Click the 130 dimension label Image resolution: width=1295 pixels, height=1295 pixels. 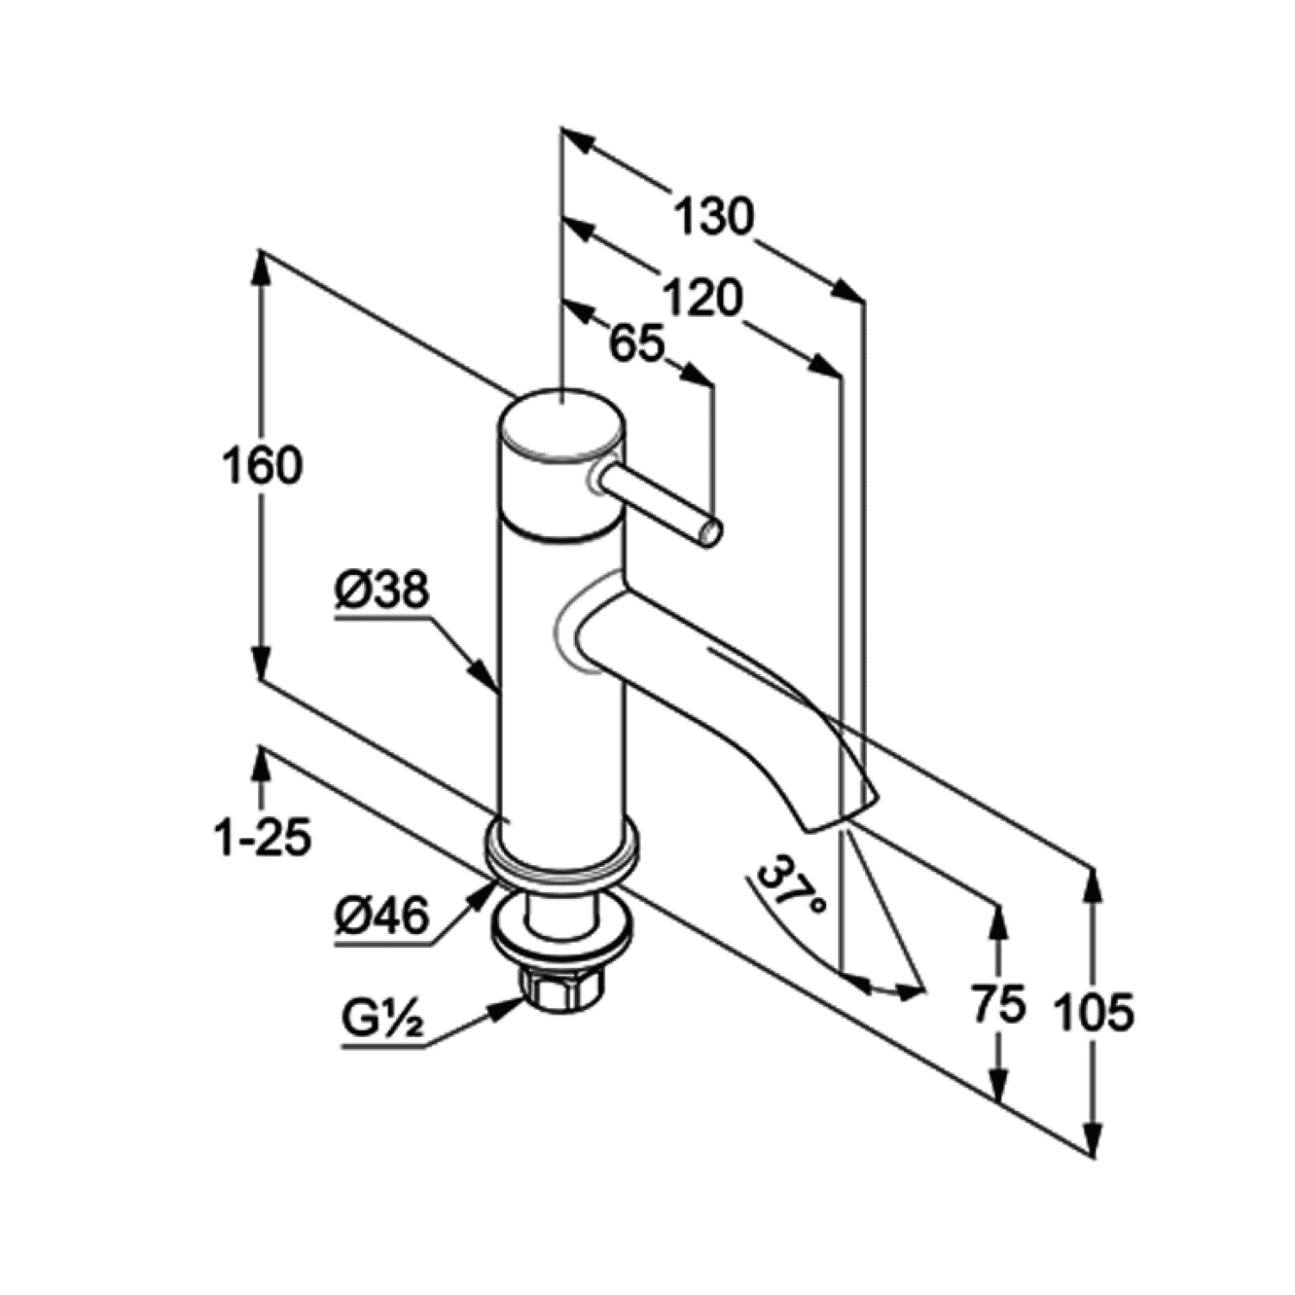tap(713, 217)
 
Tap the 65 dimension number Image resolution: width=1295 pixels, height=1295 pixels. tap(637, 344)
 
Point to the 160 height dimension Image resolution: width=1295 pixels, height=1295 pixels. tap(262, 466)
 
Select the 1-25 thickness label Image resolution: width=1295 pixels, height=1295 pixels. tap(262, 837)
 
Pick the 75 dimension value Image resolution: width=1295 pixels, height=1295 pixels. tap(999, 1005)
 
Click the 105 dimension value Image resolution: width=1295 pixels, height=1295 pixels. tap(1094, 1012)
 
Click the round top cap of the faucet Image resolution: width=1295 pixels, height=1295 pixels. tap(561, 425)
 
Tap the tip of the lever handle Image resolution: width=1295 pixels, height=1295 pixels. tap(710, 534)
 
